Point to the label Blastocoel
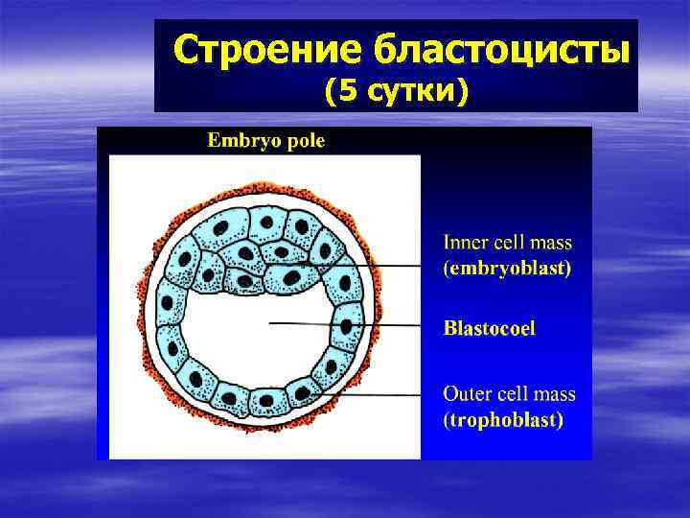click(489, 328)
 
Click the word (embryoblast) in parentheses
click(506, 270)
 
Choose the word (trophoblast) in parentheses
click(503, 419)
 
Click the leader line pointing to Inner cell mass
click(383, 265)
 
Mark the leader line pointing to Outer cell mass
click(383, 394)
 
